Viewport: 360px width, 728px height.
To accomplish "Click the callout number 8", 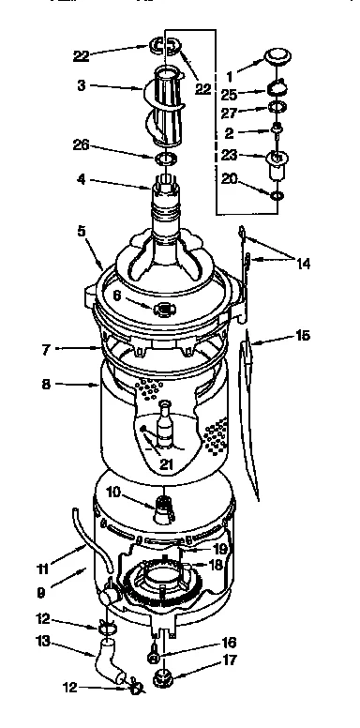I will (45, 385).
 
